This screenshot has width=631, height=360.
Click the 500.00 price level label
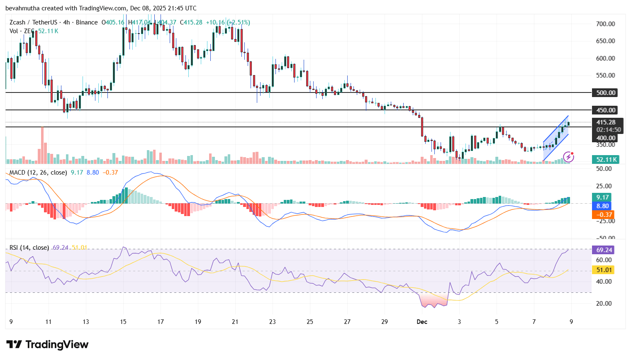click(605, 93)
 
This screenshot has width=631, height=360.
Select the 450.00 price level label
click(605, 110)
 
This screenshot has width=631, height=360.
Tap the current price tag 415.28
click(606, 122)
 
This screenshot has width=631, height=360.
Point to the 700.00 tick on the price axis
click(605, 24)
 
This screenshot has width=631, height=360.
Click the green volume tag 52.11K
click(606, 160)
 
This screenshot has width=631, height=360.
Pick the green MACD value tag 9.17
click(602, 197)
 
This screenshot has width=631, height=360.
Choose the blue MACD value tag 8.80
click(602, 206)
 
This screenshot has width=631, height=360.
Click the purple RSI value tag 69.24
click(604, 250)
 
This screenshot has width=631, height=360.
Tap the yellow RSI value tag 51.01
click(604, 270)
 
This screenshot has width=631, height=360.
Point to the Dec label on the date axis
click(422, 322)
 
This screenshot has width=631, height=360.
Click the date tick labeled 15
click(123, 322)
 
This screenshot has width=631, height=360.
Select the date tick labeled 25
click(310, 322)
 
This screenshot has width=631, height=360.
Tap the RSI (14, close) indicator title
click(29, 248)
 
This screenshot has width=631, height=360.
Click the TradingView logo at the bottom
click(47, 345)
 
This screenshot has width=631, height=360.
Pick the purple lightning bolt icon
click(568, 157)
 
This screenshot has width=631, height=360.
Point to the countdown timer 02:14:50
click(609, 130)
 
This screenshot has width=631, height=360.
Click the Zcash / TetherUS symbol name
click(33, 22)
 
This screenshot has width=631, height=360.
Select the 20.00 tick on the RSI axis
click(604, 304)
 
